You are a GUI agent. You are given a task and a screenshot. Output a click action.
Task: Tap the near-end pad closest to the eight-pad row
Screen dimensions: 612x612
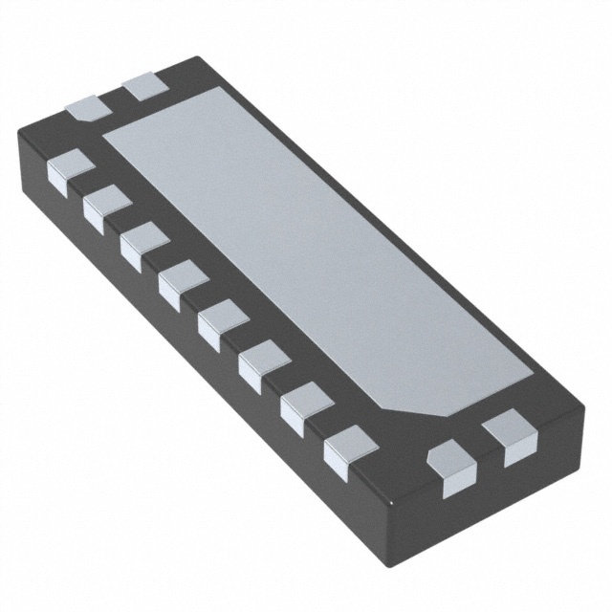pyautogui.click(x=450, y=469)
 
